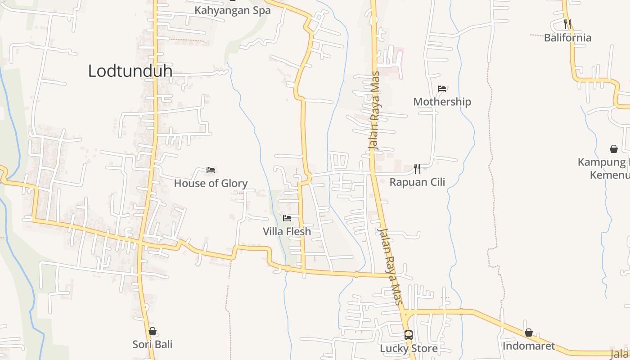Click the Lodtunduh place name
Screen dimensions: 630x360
click(130, 71)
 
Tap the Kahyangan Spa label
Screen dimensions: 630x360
click(233, 10)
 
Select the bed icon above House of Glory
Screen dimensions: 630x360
click(210, 170)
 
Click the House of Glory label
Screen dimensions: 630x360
click(211, 183)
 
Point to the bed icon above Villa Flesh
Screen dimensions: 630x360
click(287, 219)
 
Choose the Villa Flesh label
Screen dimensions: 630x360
click(287, 232)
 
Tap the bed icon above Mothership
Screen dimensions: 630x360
click(442, 89)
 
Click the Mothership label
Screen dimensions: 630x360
click(442, 102)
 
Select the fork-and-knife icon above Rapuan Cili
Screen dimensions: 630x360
click(417, 169)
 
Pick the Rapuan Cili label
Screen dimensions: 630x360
click(417, 182)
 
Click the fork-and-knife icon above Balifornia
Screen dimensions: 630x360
click(567, 24)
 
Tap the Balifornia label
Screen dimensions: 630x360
click(567, 37)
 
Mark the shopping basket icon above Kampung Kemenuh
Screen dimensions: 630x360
click(613, 149)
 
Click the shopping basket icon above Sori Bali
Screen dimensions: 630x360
click(153, 331)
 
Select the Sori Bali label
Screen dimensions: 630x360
click(153, 344)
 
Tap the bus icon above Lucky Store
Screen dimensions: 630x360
click(408, 335)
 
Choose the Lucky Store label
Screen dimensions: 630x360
click(408, 348)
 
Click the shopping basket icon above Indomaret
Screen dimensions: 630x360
click(528, 333)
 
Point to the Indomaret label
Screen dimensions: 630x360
click(528, 346)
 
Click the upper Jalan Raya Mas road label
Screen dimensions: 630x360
click(374, 111)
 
